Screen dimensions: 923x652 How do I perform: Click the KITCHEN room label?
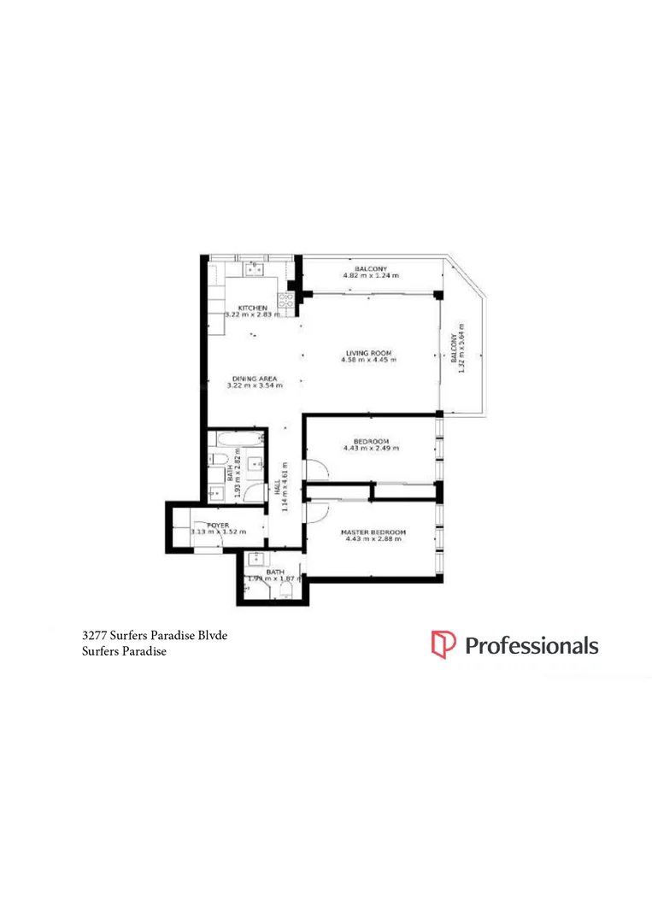click(x=253, y=308)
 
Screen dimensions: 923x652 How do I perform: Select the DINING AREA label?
click(x=253, y=379)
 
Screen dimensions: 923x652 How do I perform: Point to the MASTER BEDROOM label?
click(x=373, y=532)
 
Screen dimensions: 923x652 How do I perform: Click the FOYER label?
click(x=206, y=524)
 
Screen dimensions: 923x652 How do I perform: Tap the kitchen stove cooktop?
click(x=285, y=300)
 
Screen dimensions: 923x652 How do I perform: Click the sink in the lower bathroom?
click(x=256, y=561)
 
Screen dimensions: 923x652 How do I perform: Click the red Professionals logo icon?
click(x=443, y=645)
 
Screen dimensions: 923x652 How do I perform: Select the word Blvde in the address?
click(x=210, y=635)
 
